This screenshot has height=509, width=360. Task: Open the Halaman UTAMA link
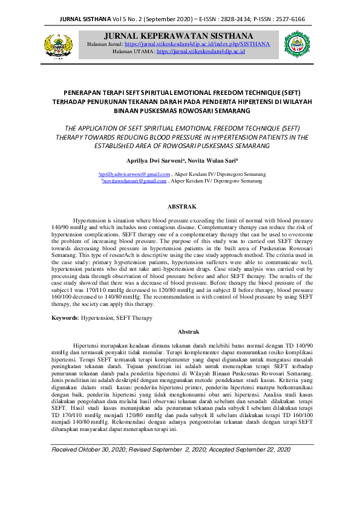[200, 52]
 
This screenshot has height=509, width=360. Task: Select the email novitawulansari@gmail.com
[134, 181]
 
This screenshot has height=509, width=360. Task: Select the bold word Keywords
[65, 317]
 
